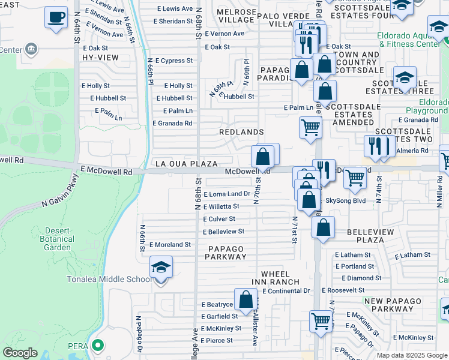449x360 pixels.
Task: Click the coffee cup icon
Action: [56, 17]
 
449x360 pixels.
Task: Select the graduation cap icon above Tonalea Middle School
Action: [161, 267]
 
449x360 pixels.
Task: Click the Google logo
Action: [20, 353]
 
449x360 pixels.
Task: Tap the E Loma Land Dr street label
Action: [227, 194]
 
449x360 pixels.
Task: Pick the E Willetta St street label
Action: [221, 206]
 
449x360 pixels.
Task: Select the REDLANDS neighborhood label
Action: [241, 132]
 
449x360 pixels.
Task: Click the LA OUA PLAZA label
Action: [186, 163]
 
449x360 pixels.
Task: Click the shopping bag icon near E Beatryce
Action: [246, 299]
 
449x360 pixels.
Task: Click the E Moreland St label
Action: [170, 245]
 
